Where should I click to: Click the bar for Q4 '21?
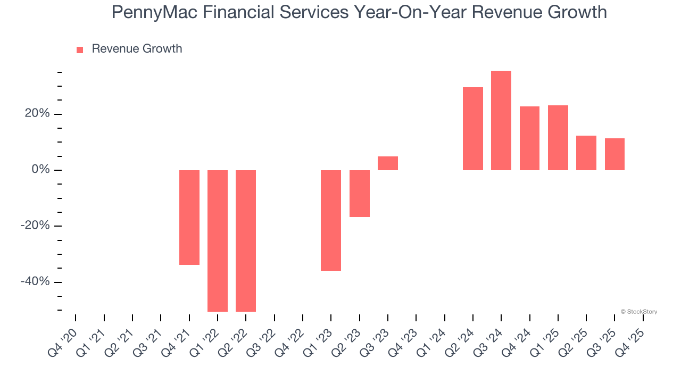pyautogui.click(x=189, y=217)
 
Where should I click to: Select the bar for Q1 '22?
pyautogui.click(x=218, y=240)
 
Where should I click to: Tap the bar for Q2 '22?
pyautogui.click(x=246, y=240)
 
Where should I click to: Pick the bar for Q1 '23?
pyautogui.click(x=331, y=220)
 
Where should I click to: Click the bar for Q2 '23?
pyautogui.click(x=359, y=194)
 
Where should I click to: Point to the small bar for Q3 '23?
pyautogui.click(x=388, y=163)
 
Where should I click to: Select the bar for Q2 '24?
pyautogui.click(x=473, y=129)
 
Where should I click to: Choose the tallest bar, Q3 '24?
pyautogui.click(x=501, y=120)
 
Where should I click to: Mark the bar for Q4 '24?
pyautogui.click(x=529, y=138)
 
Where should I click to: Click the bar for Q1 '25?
pyautogui.click(x=558, y=138)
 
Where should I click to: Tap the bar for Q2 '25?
pyautogui.click(x=586, y=153)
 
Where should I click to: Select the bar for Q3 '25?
pyautogui.click(x=614, y=154)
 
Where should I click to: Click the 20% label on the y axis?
pyautogui.click(x=37, y=114)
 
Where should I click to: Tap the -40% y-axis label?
pyautogui.click(x=35, y=281)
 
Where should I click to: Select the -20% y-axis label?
pyautogui.click(x=35, y=226)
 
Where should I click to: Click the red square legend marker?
pyautogui.click(x=80, y=50)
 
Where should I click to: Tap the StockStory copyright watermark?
pyautogui.click(x=638, y=312)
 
